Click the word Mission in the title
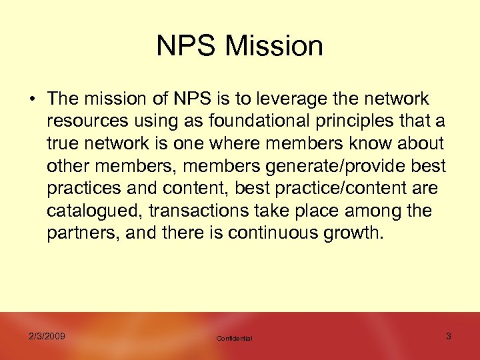pos(274,46)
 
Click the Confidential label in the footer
pos(234,339)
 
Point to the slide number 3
pos(448,336)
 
